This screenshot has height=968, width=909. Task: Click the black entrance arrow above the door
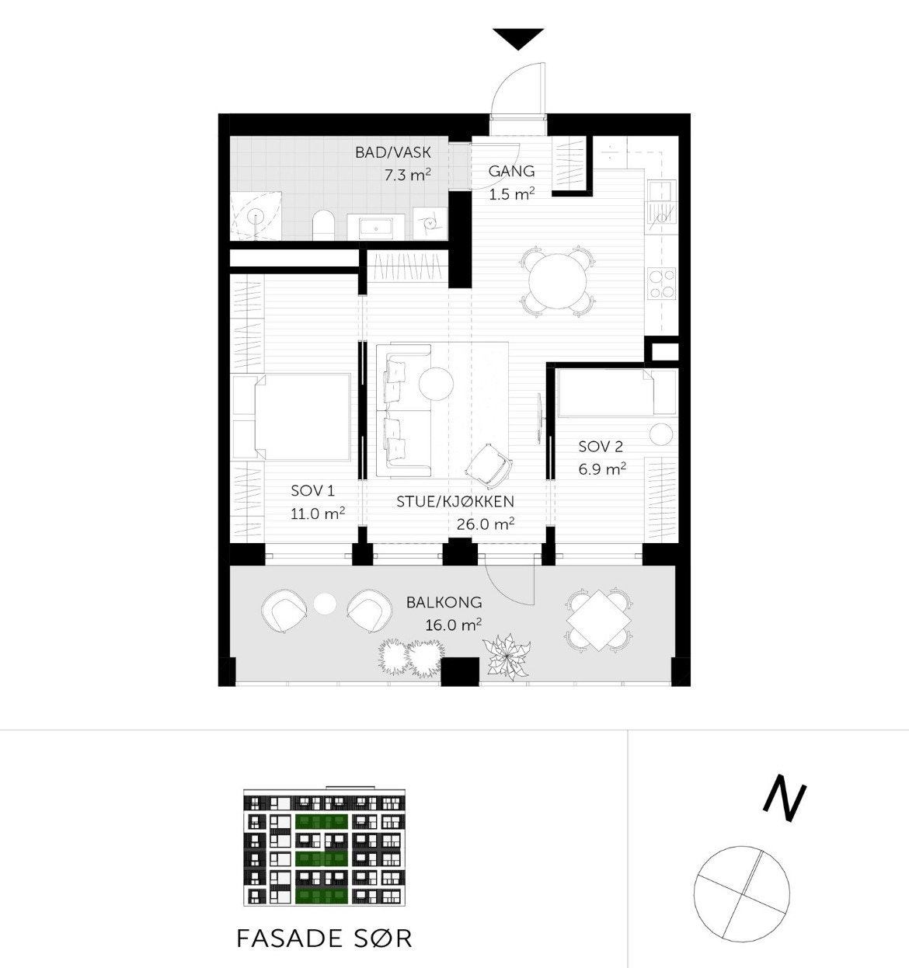click(x=518, y=38)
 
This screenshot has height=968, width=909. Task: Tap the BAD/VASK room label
click(x=392, y=152)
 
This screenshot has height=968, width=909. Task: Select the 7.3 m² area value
click(x=407, y=175)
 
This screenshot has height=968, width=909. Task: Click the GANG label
click(x=511, y=172)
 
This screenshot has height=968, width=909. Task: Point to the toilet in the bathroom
click(x=322, y=225)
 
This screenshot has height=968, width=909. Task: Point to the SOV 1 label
click(x=313, y=490)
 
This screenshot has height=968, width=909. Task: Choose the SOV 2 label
click(x=601, y=447)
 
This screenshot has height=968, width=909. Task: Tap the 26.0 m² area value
click(x=486, y=524)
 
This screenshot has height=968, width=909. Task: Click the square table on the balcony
click(x=598, y=620)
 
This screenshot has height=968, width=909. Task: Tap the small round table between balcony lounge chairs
click(x=325, y=603)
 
